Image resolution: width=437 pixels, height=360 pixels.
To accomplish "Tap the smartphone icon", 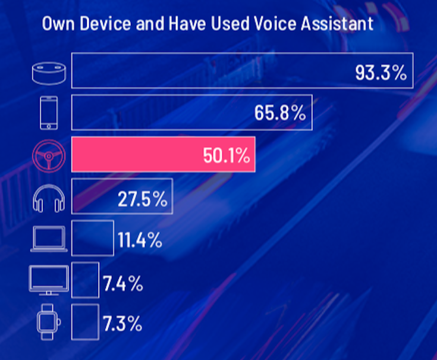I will [x=49, y=112].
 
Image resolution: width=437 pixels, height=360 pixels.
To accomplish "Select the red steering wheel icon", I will [x=49, y=155].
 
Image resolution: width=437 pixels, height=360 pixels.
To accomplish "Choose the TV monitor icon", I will [x=49, y=280].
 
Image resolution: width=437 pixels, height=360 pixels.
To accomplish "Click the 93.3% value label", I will [x=381, y=73].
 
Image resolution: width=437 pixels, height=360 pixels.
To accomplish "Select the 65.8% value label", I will [x=279, y=113].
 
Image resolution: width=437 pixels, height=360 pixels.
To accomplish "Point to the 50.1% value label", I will [x=226, y=156].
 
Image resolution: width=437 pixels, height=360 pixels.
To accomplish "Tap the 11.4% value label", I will [x=140, y=240].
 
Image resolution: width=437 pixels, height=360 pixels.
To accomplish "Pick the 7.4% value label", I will [x=123, y=283].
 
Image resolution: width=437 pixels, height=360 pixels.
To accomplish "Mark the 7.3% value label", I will [x=122, y=324].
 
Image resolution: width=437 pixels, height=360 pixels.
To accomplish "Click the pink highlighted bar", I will [x=137, y=155].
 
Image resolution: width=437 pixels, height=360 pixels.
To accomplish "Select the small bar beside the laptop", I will [x=93, y=238].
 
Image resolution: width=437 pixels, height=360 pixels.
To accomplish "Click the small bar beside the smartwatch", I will [x=85, y=321].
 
